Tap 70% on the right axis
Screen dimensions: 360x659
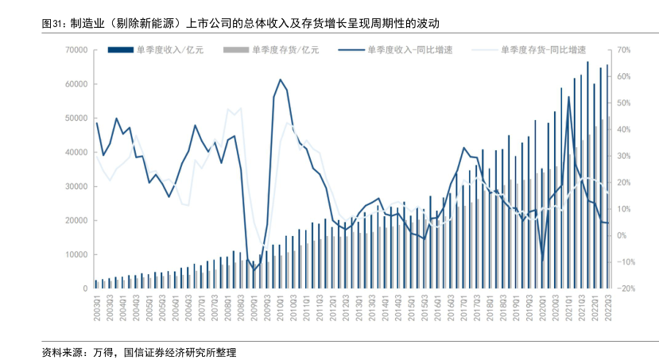point(623,50)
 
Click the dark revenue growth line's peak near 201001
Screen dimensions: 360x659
point(280,79)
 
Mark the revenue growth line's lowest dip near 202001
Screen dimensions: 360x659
point(543,258)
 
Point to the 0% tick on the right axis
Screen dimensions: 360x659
point(623,236)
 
